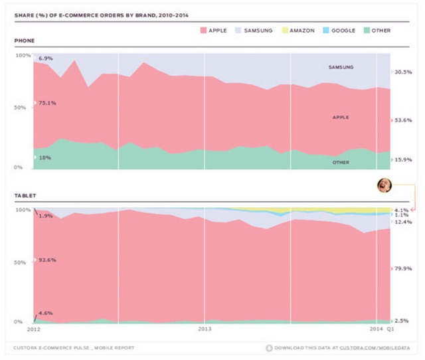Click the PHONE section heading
coord(25,41)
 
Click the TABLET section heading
coord(25,196)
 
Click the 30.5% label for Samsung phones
coord(403,72)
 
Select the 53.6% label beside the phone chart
coord(403,120)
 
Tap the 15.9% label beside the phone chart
coord(403,159)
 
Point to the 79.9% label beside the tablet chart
coord(403,268)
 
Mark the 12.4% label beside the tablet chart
coord(403,221)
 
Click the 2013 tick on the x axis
coord(205,328)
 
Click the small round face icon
coord(383,185)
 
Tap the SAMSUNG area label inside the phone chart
coord(341,67)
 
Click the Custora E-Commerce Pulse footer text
coord(74,347)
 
